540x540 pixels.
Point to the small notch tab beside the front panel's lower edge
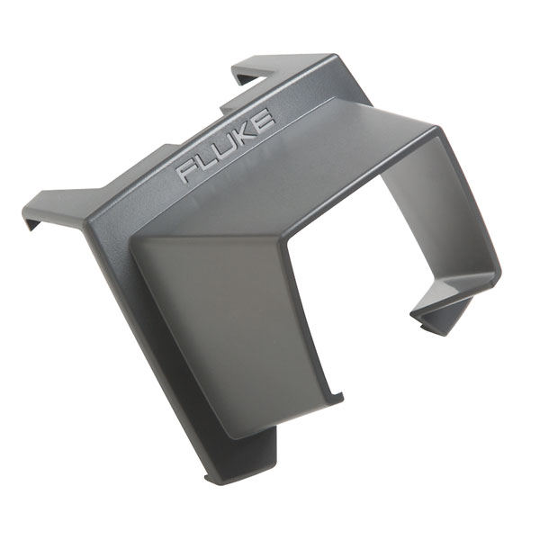click(337, 396)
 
